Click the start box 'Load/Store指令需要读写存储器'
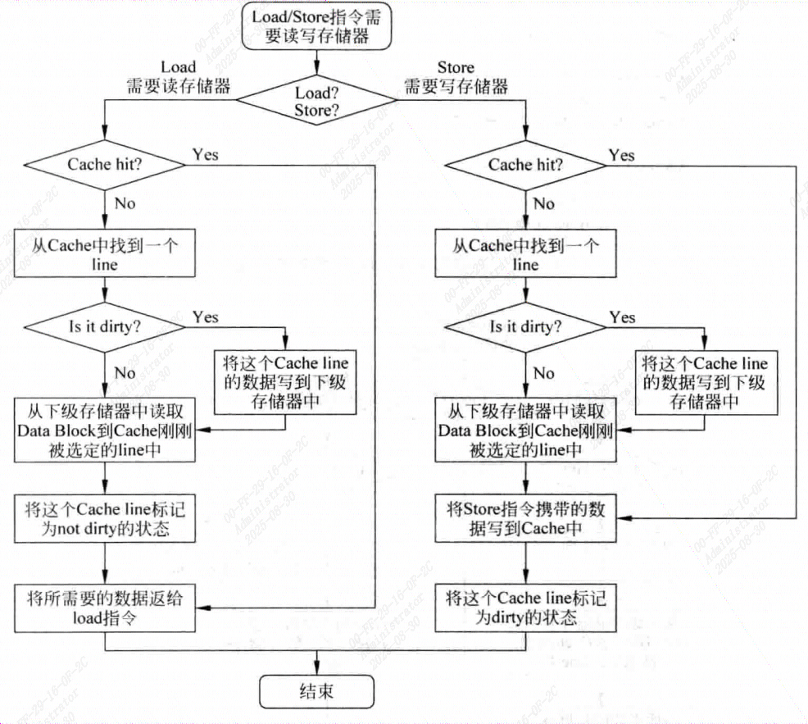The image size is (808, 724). (316, 25)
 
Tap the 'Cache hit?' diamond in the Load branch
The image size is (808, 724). (106, 165)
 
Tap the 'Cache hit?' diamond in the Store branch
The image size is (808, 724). (525, 165)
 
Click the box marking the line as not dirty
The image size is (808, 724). (105, 519)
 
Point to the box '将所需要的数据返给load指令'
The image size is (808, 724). (105, 608)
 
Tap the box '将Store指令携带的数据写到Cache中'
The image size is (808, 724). (525, 519)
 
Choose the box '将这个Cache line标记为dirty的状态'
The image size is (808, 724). (525, 608)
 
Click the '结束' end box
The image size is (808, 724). (315, 692)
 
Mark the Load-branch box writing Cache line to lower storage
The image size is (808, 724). (285, 382)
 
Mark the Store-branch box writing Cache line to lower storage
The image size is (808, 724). (705, 382)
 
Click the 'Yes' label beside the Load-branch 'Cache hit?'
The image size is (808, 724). (205, 154)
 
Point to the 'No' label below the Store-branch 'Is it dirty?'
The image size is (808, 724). (543, 373)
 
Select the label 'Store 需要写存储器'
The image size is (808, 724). (456, 77)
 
